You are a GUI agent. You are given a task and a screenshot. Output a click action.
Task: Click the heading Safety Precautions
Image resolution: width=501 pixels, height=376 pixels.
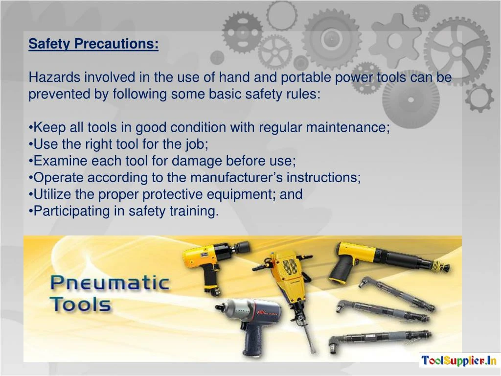[93, 44]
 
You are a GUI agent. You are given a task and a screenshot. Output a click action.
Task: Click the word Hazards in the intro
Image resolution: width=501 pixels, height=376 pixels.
[54, 77]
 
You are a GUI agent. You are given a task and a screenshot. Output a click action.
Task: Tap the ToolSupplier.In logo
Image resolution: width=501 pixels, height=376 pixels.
[459, 361]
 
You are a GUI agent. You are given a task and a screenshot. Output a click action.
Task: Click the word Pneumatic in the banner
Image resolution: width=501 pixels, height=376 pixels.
[110, 284]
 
